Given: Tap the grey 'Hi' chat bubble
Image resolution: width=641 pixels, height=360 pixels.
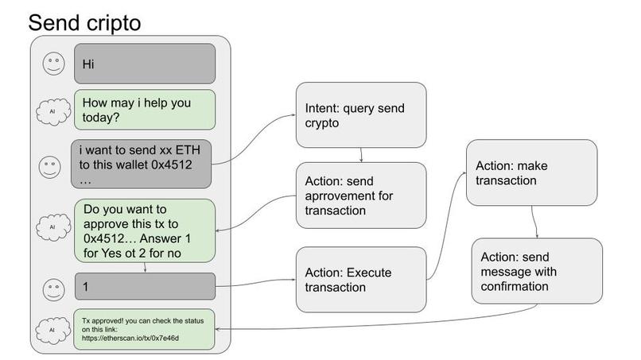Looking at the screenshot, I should click(144, 64).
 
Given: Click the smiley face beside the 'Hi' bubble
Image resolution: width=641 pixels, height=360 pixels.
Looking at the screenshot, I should click(53, 64).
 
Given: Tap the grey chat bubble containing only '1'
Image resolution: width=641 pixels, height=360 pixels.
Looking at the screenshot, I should click(144, 286).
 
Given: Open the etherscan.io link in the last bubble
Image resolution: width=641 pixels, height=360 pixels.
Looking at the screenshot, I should click(130, 338).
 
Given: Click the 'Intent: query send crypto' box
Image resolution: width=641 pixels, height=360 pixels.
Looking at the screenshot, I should click(361, 114).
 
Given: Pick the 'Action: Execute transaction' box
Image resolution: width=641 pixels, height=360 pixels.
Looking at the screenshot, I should click(361, 279).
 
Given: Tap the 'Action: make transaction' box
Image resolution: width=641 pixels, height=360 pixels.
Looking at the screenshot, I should click(530, 172).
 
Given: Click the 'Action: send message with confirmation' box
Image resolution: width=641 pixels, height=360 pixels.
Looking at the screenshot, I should click(534, 270).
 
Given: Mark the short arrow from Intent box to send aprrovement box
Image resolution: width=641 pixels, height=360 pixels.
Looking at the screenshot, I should click(362, 154).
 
